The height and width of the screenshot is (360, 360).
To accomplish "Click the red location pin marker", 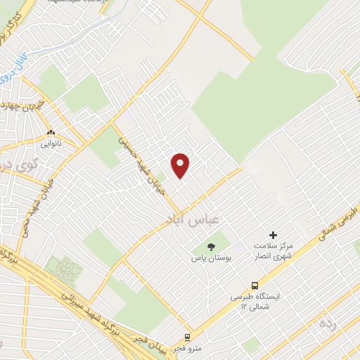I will click(x=181, y=165).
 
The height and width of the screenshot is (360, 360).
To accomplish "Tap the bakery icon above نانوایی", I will click(x=51, y=131).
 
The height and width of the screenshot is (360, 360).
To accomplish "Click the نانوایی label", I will click(x=51, y=143).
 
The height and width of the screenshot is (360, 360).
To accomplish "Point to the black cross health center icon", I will click(x=273, y=235).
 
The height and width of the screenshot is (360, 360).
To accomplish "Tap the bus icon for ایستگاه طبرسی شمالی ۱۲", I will click(x=255, y=285).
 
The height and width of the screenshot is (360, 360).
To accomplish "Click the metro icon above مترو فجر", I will click(x=188, y=337).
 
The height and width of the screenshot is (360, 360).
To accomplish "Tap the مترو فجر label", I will click(x=188, y=349).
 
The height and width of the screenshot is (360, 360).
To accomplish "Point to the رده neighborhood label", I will click(x=327, y=324).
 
